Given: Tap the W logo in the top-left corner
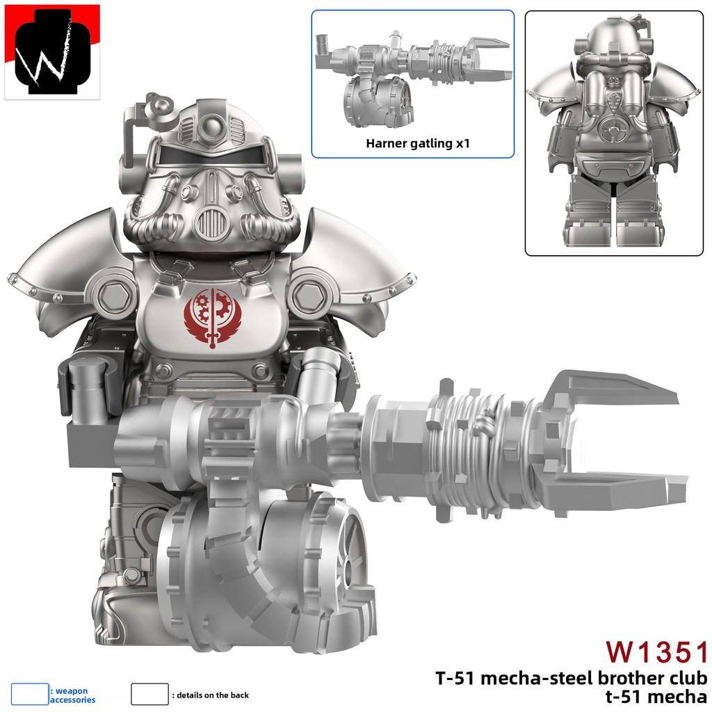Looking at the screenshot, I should (52, 52).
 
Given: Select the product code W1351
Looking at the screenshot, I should (656, 652).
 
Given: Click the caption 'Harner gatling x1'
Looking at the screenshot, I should (412, 144).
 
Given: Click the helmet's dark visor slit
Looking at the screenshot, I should (212, 155).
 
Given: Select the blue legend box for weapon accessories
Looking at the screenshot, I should (30, 694).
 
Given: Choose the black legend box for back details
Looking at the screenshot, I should (149, 694).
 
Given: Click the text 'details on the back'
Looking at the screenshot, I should (212, 695).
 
